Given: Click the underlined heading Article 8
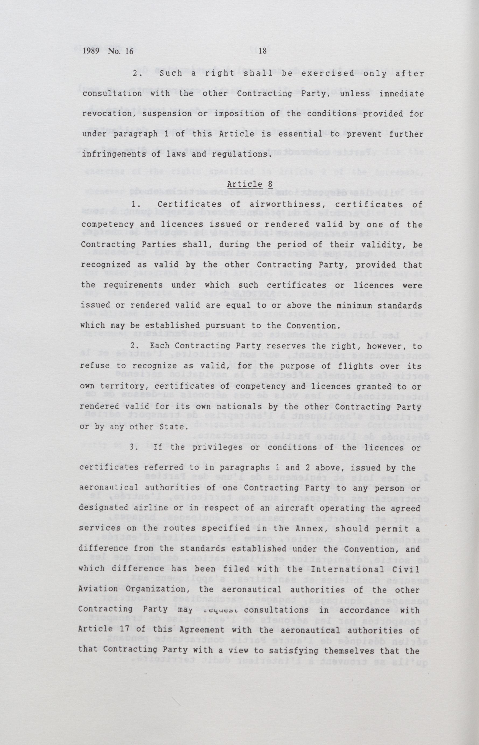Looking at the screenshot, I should [250, 184].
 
